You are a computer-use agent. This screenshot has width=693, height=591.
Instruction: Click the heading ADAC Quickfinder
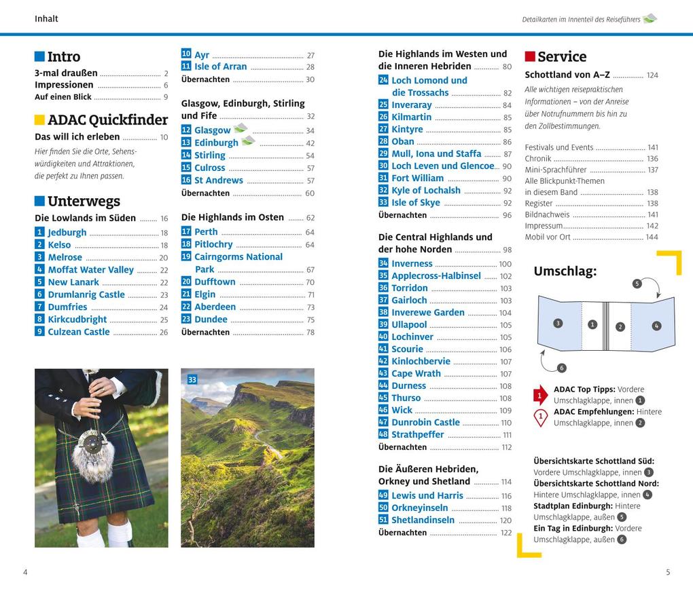[x=107, y=120]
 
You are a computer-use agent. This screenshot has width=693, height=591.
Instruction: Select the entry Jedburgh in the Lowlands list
[x=67, y=233]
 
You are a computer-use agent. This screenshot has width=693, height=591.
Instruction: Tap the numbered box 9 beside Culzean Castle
[x=39, y=332]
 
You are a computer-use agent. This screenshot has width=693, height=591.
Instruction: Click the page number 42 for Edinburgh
[x=310, y=143]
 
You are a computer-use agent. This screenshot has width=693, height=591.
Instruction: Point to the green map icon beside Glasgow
[x=241, y=128]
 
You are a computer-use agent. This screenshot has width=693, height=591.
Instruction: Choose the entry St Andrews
[x=218, y=180]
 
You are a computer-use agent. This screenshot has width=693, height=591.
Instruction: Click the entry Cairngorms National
[x=238, y=257]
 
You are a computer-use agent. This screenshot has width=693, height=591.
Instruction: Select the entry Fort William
[x=417, y=178]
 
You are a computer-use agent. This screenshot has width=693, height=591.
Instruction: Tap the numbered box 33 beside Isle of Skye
[x=383, y=202]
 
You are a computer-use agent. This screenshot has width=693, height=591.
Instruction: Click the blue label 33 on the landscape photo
[x=192, y=380]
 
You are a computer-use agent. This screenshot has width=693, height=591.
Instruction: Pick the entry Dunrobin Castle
[x=425, y=423]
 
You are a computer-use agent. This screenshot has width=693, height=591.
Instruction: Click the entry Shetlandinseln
[x=423, y=520]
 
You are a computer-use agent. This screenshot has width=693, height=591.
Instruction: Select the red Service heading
[x=561, y=57]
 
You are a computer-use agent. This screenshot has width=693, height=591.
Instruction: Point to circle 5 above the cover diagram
[x=637, y=284]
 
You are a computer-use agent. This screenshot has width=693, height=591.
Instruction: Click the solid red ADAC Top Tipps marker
[x=540, y=395]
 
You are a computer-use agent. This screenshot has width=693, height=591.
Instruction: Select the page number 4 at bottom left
[x=25, y=572]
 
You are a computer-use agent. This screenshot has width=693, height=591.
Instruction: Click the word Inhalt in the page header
[x=46, y=19]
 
